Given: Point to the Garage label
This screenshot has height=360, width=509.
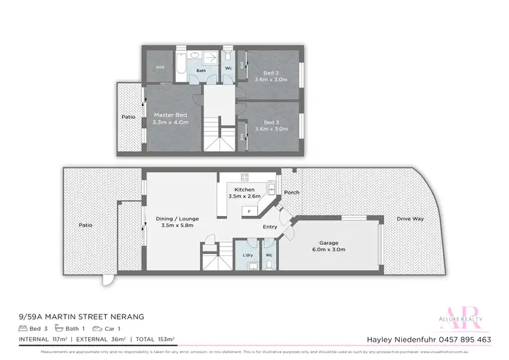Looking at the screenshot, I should coord(333,243).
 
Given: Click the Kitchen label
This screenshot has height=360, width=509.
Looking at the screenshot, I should coord(244,190).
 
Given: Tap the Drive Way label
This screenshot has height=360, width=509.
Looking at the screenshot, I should coord(410,219).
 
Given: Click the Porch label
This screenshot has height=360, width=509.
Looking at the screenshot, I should coord(293,192).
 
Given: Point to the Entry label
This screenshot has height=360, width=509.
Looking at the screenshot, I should coord(270,227).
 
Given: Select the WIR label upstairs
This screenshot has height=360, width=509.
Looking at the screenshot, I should coord(159,67).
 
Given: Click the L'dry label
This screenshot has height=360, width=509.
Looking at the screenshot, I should coord(247,255).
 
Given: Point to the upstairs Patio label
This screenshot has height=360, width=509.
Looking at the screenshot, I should coord(128,117).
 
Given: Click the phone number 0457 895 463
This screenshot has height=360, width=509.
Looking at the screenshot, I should coord(466,339).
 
